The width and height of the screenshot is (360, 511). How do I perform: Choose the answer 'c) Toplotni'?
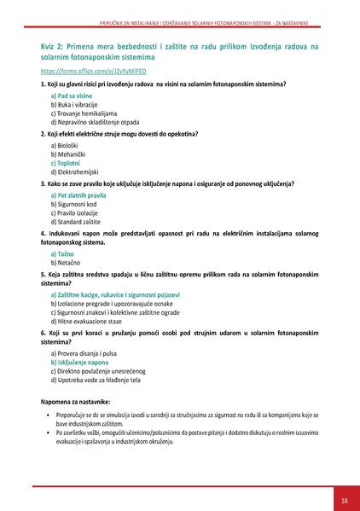(66, 163)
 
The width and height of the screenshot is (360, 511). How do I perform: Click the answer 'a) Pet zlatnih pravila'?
(78, 196)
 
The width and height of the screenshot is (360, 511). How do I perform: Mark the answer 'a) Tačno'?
(62, 254)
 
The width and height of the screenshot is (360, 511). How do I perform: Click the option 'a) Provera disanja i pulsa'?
(84, 353)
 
